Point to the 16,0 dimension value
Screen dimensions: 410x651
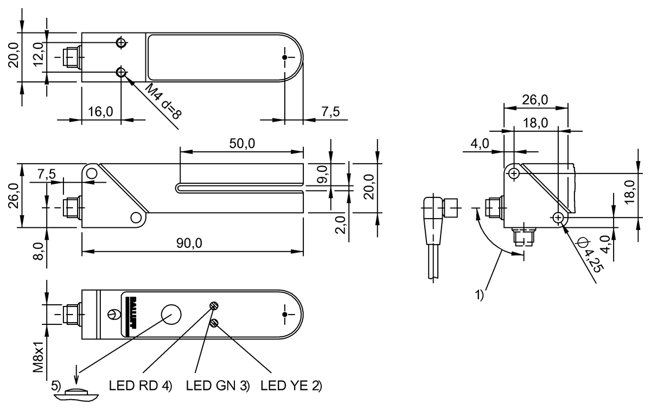[x=100, y=112]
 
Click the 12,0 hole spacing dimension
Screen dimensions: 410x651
[x=37, y=56]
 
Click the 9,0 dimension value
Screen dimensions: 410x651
[x=322, y=174]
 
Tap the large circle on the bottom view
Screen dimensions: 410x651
[x=171, y=314]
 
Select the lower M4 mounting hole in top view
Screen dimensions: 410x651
[x=120, y=72]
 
